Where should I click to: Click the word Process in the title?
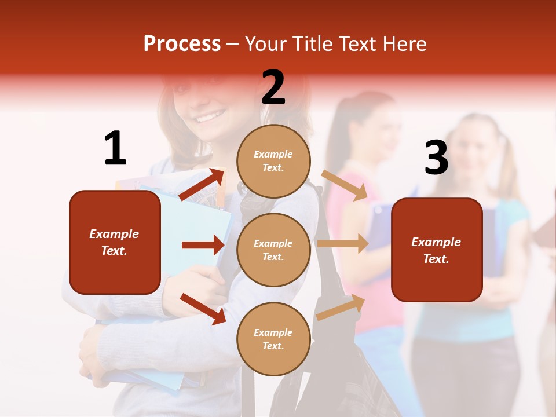(x=182, y=44)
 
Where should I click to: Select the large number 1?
(x=115, y=148)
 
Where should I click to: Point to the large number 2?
(x=273, y=87)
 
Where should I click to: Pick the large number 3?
(x=436, y=158)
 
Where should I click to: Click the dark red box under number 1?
(x=115, y=242)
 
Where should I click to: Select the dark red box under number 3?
(x=437, y=250)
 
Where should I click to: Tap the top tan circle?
(x=273, y=161)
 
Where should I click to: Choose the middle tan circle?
(x=273, y=250)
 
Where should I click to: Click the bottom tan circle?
(x=273, y=339)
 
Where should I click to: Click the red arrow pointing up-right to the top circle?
(x=202, y=184)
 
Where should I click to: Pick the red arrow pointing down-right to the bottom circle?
(x=203, y=309)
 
